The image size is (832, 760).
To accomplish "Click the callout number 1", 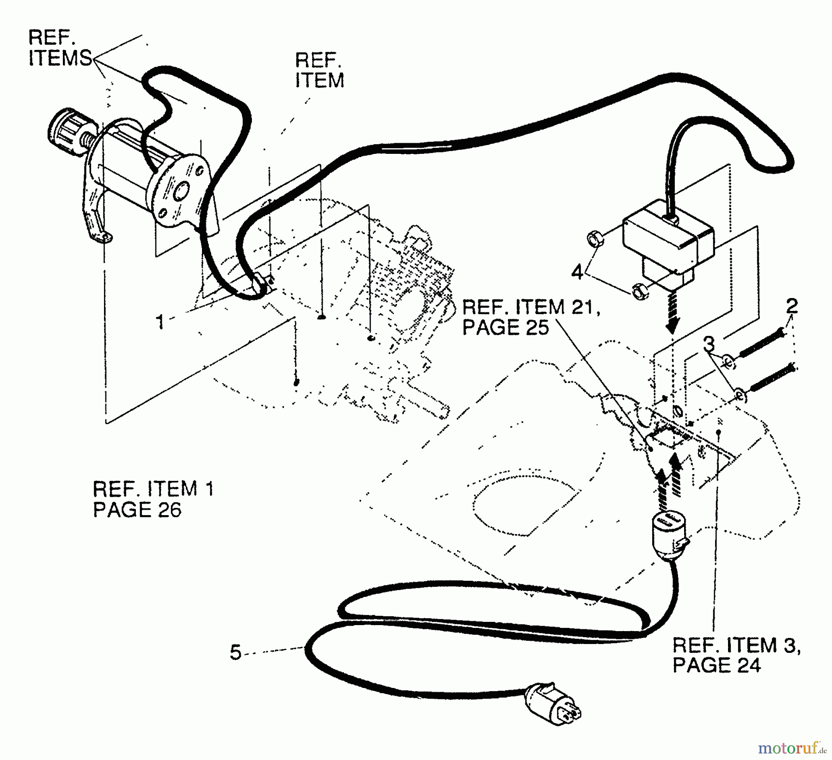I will (160, 322).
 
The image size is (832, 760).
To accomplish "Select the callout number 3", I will (709, 344).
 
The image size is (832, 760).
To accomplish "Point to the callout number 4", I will (578, 272).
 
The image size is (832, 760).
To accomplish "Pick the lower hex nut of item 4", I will (638, 292).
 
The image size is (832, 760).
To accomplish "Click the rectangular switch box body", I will (666, 240).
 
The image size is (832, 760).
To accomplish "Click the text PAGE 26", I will (137, 510).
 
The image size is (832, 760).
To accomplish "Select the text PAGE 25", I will (505, 328).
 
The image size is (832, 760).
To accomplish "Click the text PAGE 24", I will (716, 665).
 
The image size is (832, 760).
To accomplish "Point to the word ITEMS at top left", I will (61, 58).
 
